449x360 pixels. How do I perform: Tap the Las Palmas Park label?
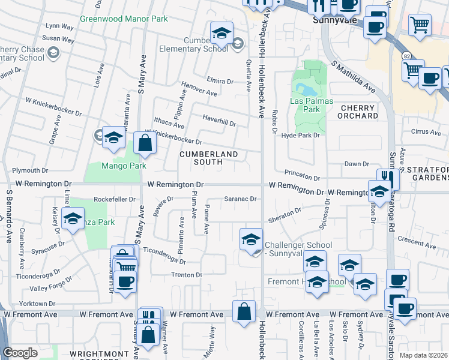point(312,105)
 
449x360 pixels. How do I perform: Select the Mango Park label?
point(124,166)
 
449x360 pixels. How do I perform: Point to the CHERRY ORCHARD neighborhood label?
point(358,112)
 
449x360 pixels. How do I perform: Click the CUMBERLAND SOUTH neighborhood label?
point(209,158)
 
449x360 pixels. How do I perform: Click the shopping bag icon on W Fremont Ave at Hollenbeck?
point(244,312)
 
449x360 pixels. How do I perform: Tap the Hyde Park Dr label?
point(301,136)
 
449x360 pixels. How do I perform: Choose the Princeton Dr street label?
point(303,177)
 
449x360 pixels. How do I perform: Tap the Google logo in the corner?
point(20,353)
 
